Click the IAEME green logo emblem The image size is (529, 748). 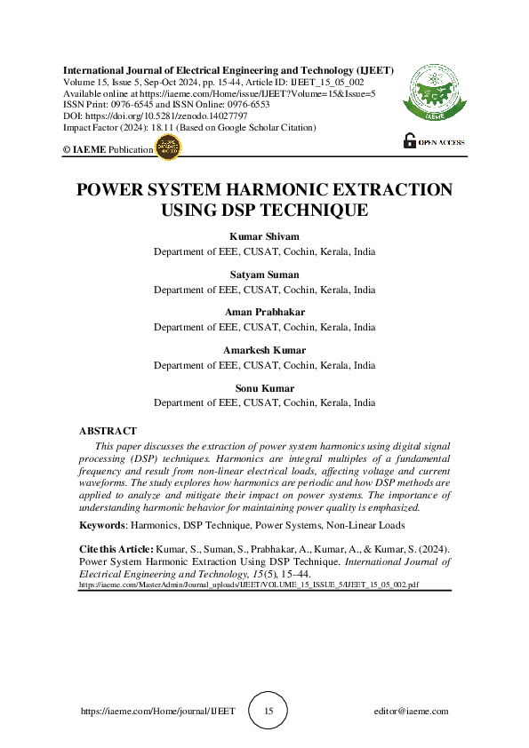coord(434,94)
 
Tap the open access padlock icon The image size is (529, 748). coord(410,139)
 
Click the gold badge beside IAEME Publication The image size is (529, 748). coord(168,148)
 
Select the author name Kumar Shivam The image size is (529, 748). coord(264,236)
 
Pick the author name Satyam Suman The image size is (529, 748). coord(264,275)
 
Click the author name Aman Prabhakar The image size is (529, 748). coord(264,313)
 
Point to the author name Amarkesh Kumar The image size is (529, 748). coord(264,351)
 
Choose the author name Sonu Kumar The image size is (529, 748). coord(264,388)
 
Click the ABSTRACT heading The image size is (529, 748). coord(108,431)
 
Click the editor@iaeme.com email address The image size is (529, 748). coord(412,712)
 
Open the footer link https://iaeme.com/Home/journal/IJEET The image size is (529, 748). coord(157,712)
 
